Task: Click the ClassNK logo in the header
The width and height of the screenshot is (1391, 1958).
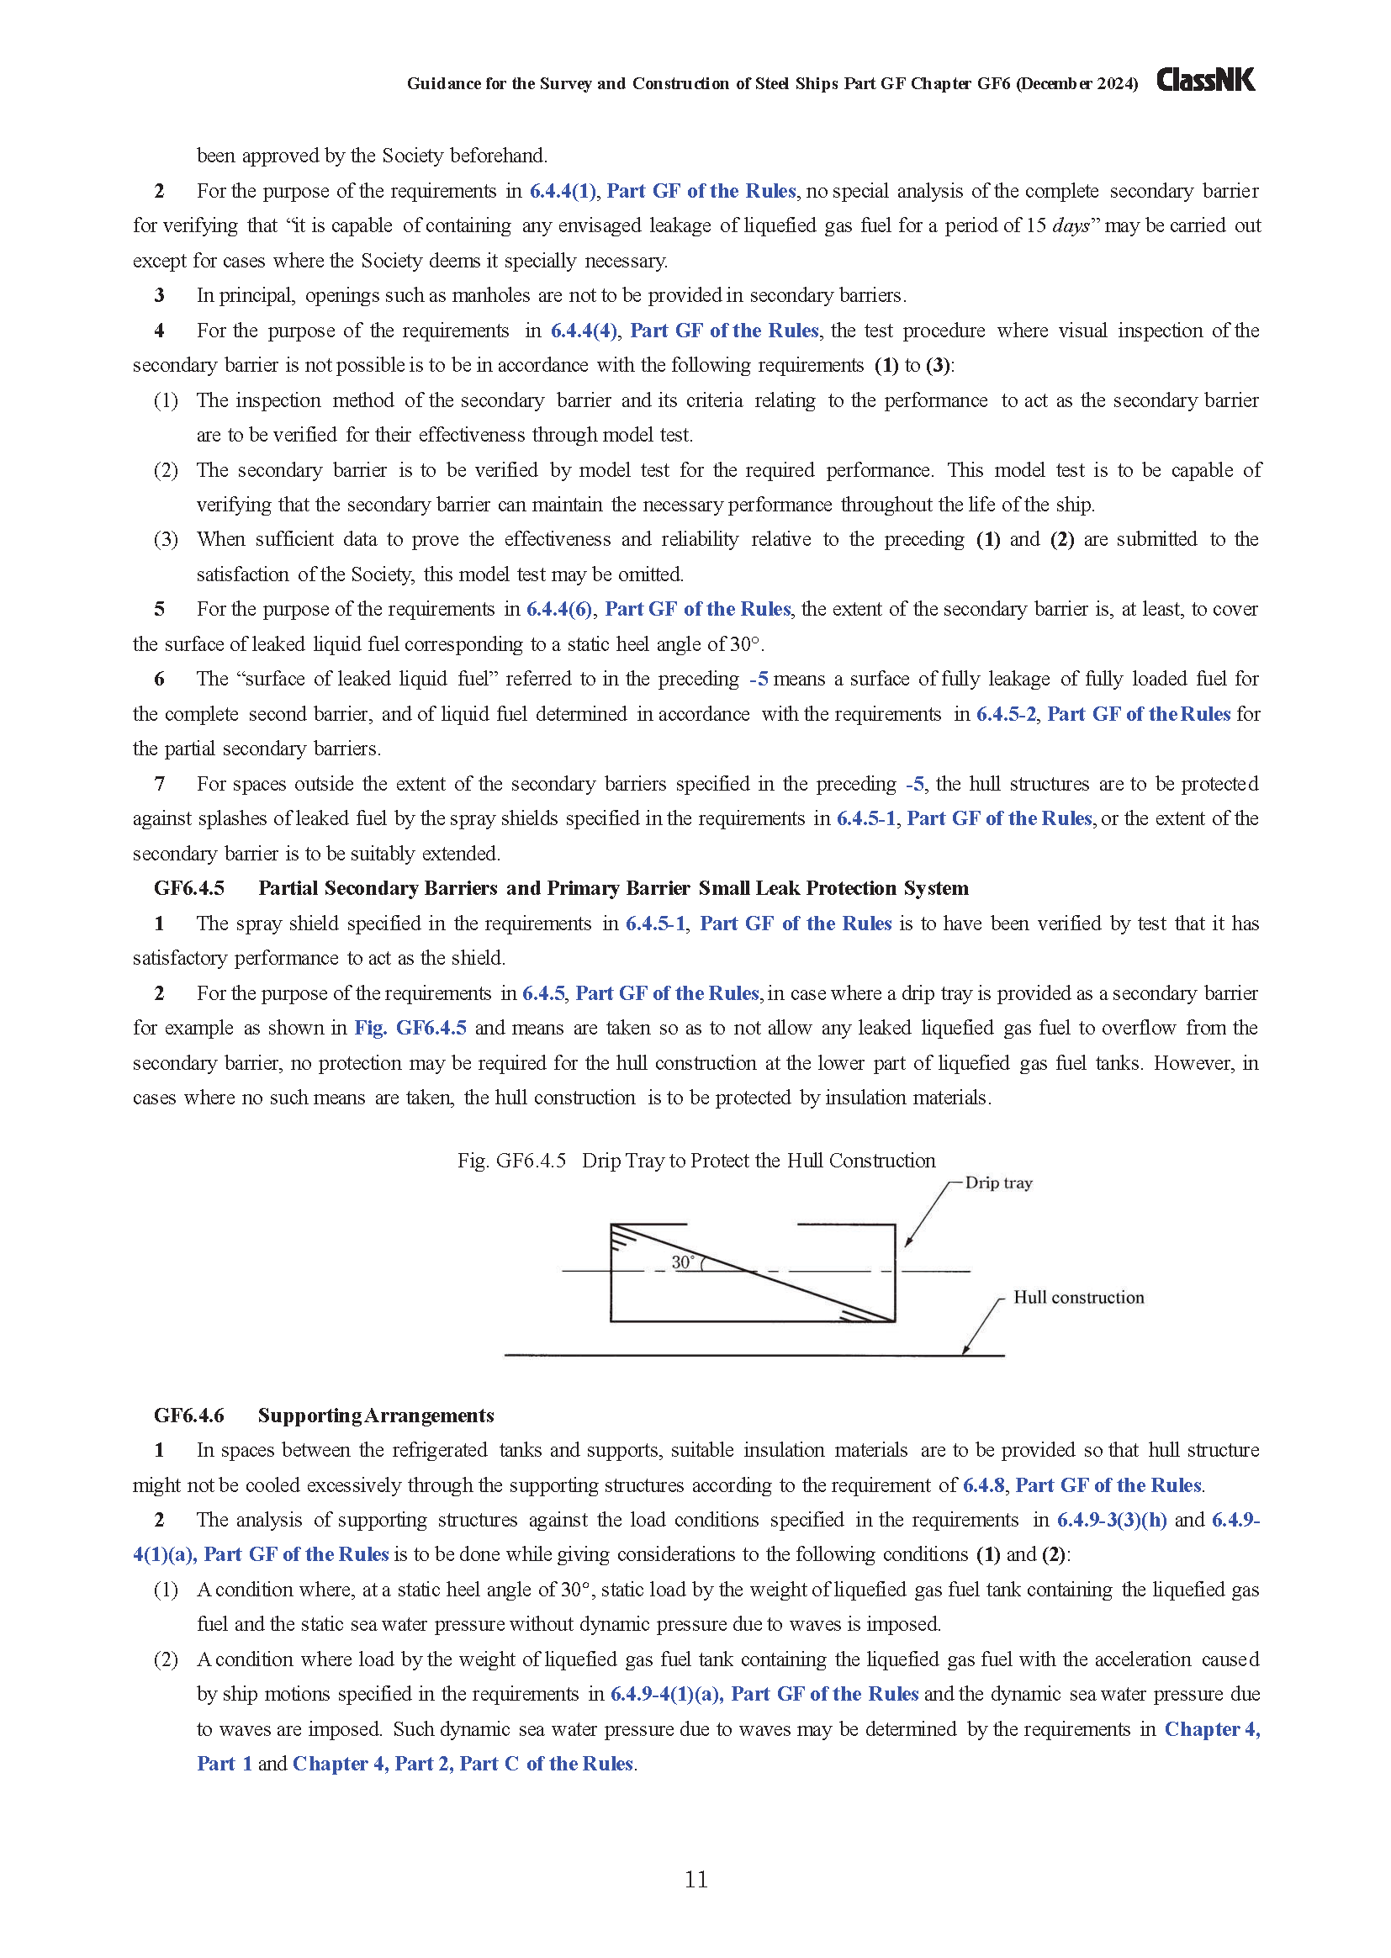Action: click(x=1205, y=81)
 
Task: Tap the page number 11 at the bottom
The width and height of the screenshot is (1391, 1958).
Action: click(x=695, y=1878)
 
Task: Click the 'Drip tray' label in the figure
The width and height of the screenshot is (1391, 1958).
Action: click(x=998, y=1183)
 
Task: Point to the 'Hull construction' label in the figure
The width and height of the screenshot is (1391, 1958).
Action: click(x=1077, y=1298)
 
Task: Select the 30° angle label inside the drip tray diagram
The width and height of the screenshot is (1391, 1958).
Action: click(x=683, y=1262)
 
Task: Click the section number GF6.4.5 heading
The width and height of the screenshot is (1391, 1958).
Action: click(x=189, y=888)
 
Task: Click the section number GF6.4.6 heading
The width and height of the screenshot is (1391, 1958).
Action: click(x=189, y=1415)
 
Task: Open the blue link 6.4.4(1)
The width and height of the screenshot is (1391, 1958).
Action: click(x=562, y=191)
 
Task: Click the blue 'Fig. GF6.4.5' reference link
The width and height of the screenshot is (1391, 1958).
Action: click(x=410, y=1028)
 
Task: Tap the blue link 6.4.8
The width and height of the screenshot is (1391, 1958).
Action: click(x=982, y=1485)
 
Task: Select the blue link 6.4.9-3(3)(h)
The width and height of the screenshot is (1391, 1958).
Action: click(x=1111, y=1521)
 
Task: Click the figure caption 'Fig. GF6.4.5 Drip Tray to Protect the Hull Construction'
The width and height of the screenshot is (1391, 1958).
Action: click(x=695, y=1161)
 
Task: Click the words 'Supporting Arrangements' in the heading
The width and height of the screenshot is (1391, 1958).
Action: click(x=375, y=1415)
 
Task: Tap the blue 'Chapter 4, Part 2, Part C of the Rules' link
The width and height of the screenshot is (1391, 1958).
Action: click(x=463, y=1764)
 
